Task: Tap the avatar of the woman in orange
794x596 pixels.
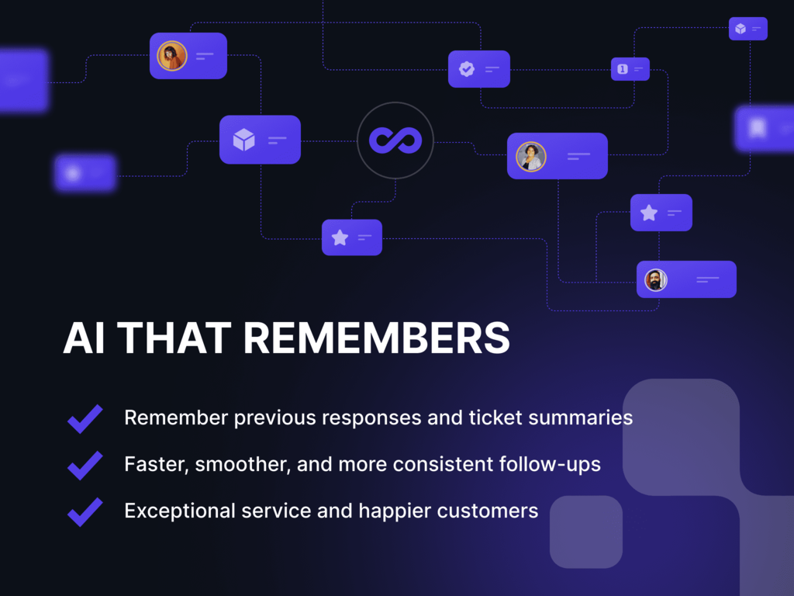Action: coord(172,56)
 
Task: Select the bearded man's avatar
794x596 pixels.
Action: coord(656,279)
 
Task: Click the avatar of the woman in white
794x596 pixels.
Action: coord(531,157)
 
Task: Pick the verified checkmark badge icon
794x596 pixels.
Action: coord(467,69)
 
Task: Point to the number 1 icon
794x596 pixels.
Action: coord(623,69)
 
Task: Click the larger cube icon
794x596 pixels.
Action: coord(243,140)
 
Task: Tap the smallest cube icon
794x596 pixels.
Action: coord(740,29)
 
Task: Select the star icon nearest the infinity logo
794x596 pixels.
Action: coord(340,237)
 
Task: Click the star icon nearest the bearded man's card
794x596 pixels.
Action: coord(649,213)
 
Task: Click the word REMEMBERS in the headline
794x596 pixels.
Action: coord(376,338)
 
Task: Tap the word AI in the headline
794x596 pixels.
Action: coord(85,338)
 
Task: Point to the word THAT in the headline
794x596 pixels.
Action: coord(174,338)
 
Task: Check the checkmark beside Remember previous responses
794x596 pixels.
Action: coord(85,419)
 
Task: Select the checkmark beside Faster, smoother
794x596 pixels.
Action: coord(85,466)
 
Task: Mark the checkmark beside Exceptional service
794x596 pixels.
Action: coord(85,512)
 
